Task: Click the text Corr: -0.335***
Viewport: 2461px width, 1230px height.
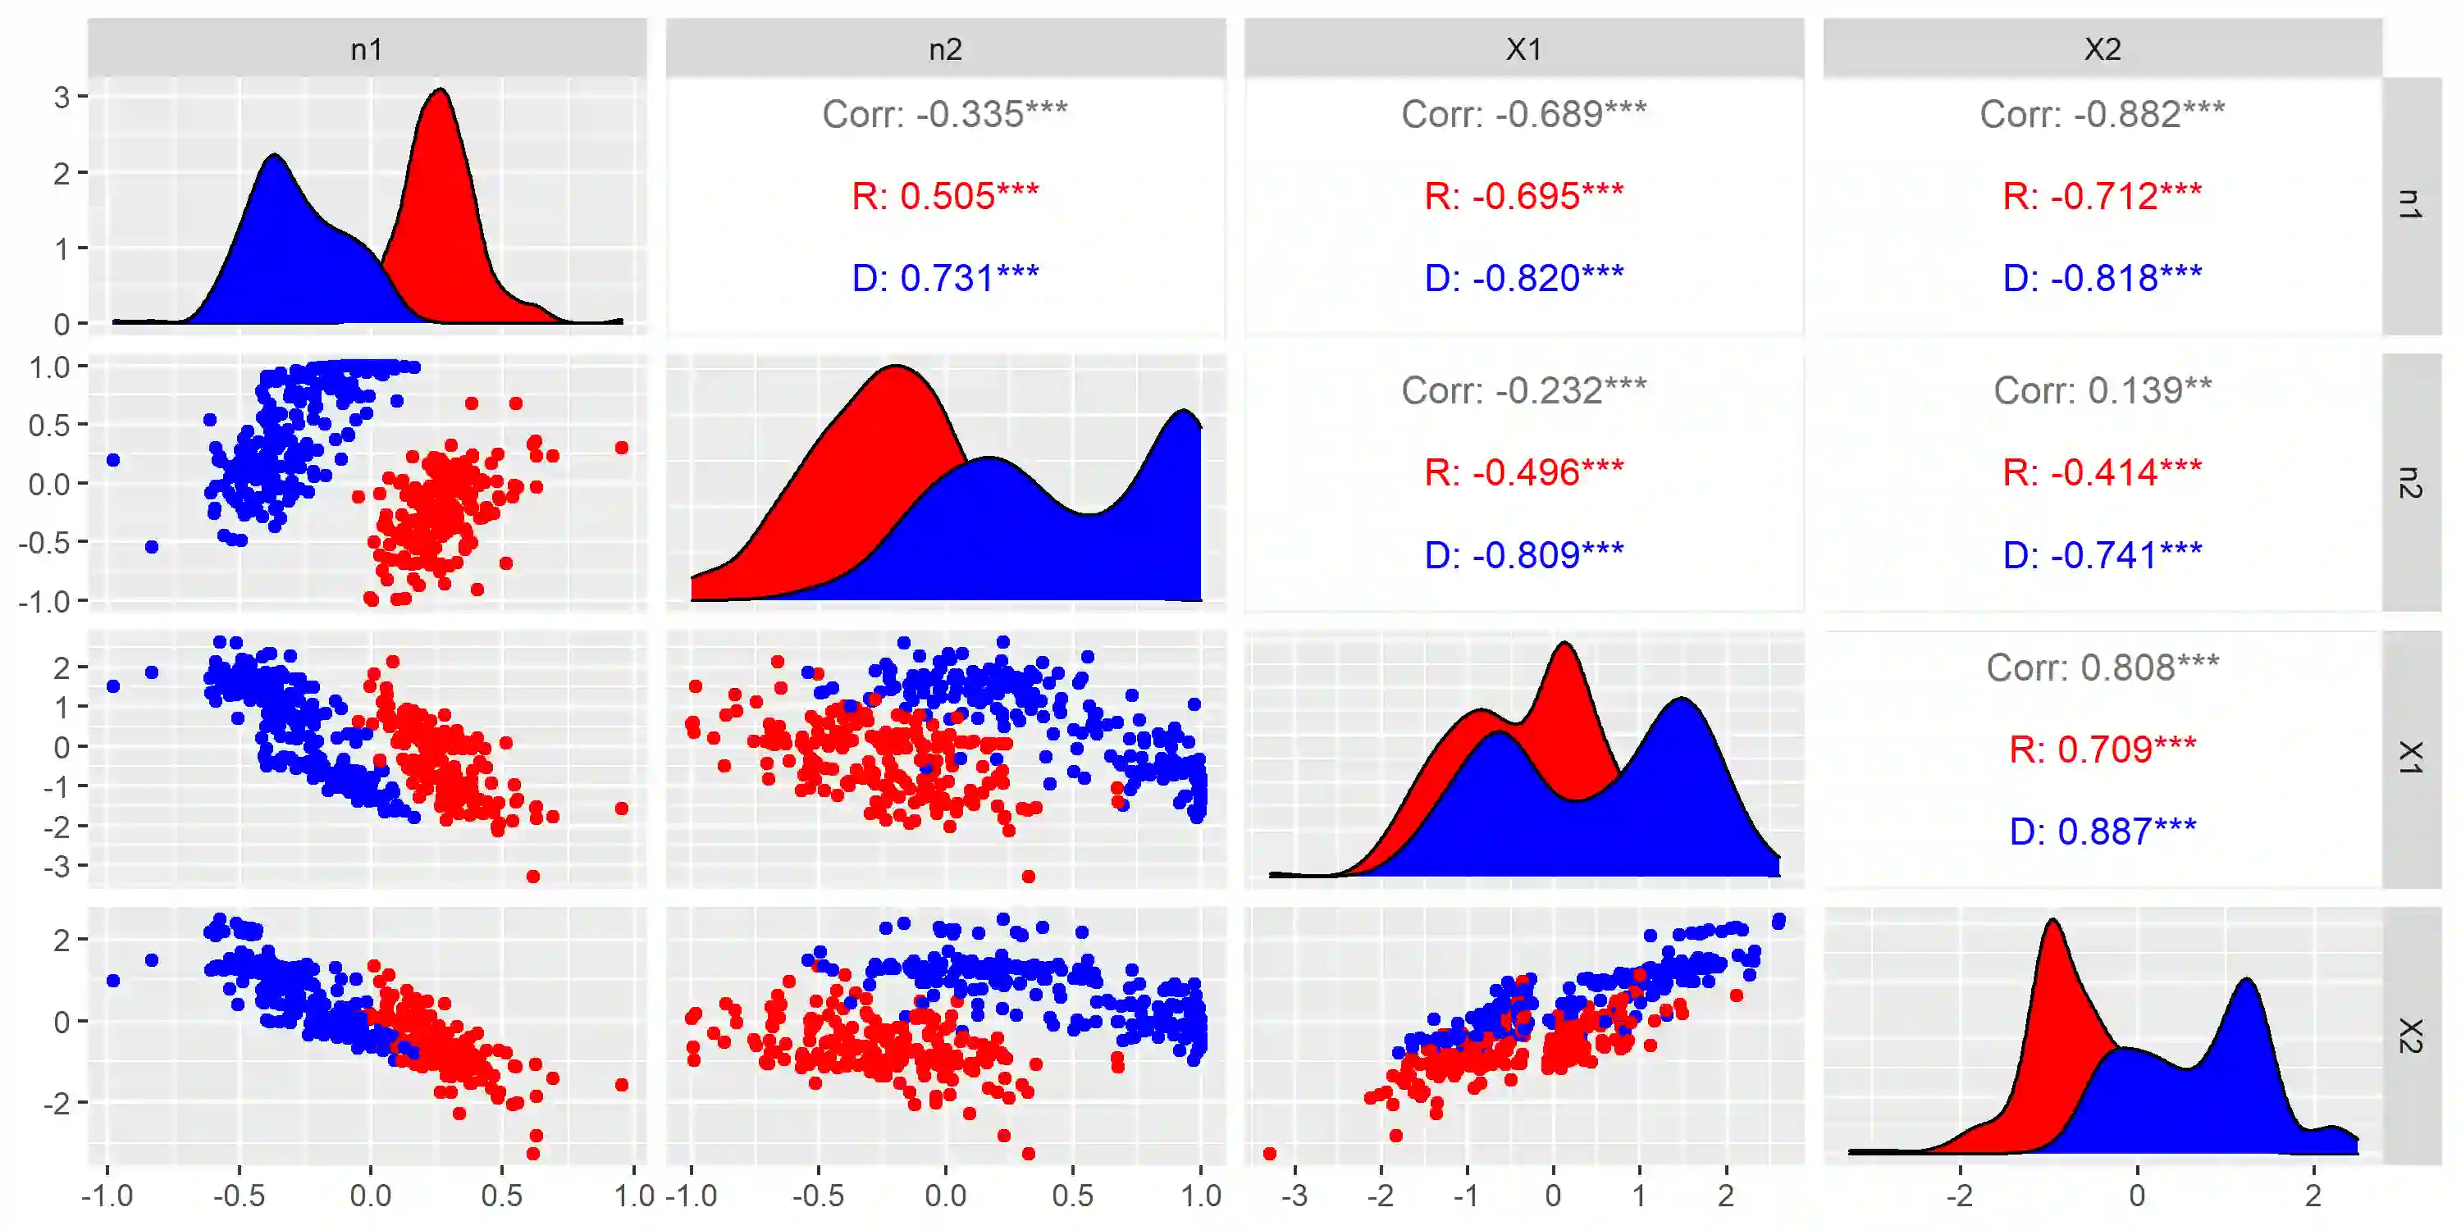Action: (944, 115)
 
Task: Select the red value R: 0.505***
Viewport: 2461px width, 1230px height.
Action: (944, 197)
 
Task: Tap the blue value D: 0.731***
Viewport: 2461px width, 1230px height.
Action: (944, 279)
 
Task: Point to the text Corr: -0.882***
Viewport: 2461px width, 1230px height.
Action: (2101, 115)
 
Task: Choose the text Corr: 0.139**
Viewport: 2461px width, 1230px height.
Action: (2101, 390)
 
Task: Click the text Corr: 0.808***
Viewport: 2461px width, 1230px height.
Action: (2101, 667)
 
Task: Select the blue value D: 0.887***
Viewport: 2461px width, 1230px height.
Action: (2101, 831)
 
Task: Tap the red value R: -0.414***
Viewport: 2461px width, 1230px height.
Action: (2101, 472)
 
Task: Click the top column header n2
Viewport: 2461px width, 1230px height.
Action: (944, 48)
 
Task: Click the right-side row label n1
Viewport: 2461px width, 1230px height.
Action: (2409, 204)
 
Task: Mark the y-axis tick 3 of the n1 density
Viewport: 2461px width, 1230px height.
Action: (62, 97)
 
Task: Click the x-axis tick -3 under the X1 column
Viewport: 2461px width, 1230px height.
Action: (1294, 1196)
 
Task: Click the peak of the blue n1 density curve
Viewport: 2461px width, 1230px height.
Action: (275, 155)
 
